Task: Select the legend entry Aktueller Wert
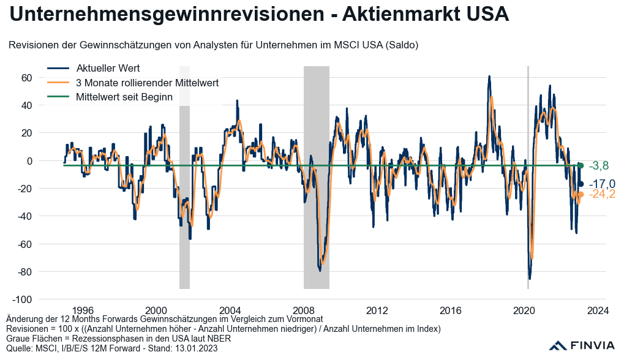click(108, 68)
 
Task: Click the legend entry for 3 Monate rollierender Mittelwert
click(147, 82)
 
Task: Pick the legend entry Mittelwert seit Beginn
click(124, 97)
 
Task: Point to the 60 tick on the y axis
click(26, 78)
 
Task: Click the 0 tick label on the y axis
click(28, 161)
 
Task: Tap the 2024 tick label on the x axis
click(597, 310)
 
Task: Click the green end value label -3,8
click(598, 166)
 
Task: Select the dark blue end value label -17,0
click(602, 184)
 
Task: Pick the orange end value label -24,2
click(602, 195)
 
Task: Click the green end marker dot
click(581, 166)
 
